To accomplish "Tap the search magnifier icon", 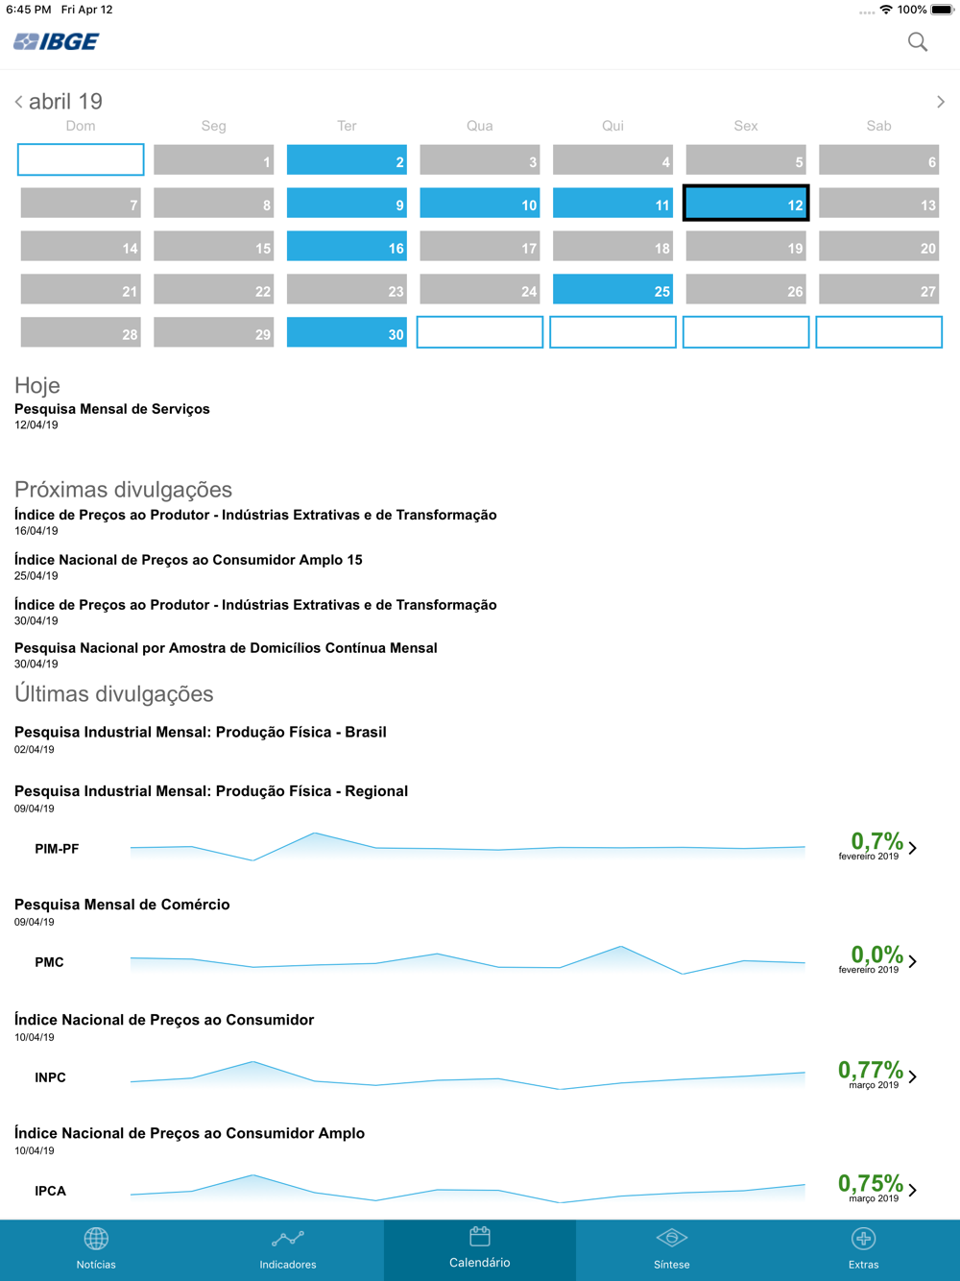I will point(918,41).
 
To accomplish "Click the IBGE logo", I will point(57,41).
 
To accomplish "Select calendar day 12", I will point(746,204).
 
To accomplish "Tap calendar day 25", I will point(612,290).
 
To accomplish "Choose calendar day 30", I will point(347,333).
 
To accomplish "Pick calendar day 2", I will point(347,160).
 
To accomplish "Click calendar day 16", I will point(347,247).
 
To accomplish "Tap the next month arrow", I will point(941,102).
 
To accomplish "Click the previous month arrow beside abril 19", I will point(18,102).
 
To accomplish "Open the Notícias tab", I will point(96,1248).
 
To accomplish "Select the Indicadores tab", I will point(288,1248).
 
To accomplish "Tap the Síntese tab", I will point(672,1248).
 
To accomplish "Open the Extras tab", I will point(863,1248).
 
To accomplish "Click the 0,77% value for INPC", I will point(870,1070).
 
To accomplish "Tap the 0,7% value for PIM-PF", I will point(876,841).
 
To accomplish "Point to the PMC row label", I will point(49,962).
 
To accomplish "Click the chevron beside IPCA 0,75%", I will point(913,1190).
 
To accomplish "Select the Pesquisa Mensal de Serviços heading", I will point(112,409).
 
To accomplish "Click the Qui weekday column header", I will point(612,126).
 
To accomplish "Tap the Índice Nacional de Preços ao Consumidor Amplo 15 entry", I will point(188,560).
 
